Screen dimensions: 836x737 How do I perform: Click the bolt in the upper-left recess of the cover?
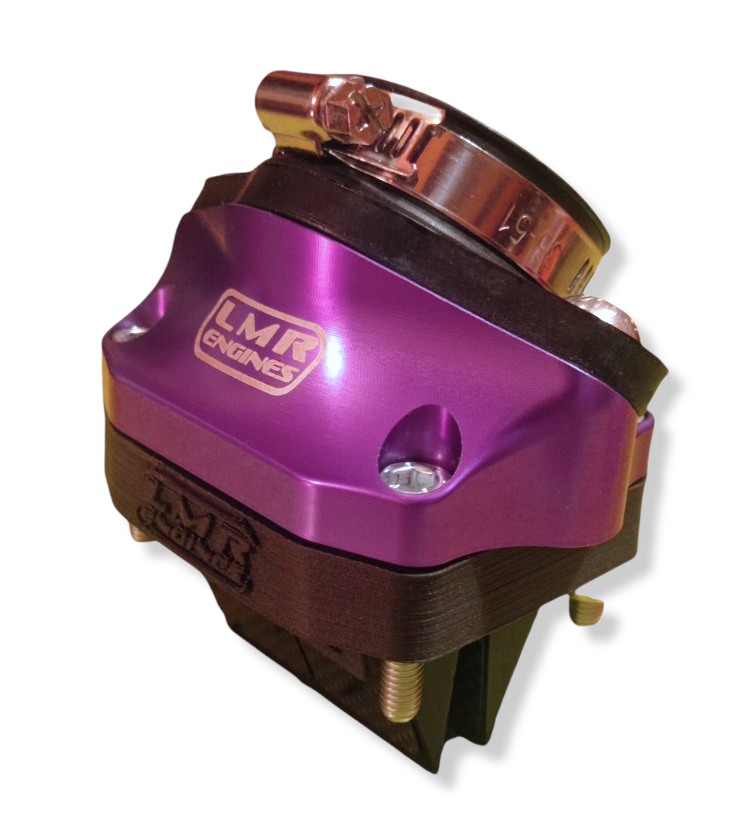pyautogui.click(x=129, y=334)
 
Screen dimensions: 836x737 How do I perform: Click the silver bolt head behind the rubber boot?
pyautogui.click(x=606, y=315)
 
